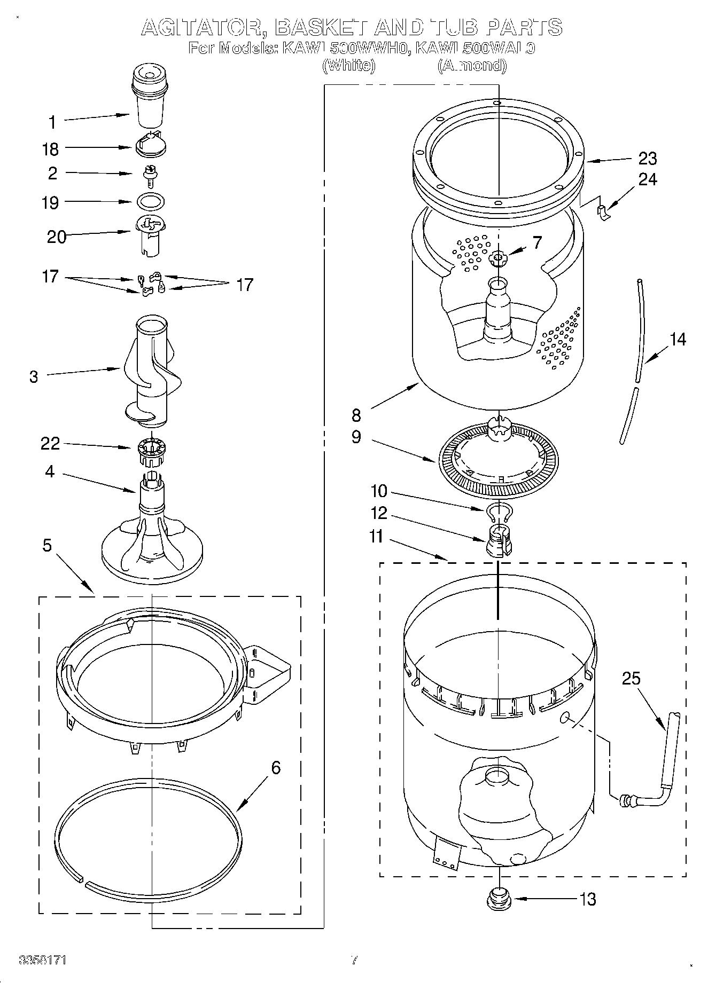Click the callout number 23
click(648, 159)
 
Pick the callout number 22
click(50, 444)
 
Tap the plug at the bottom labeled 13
click(498, 899)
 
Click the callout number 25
click(631, 679)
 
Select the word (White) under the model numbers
click(349, 66)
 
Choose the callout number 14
click(678, 339)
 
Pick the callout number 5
click(48, 545)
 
